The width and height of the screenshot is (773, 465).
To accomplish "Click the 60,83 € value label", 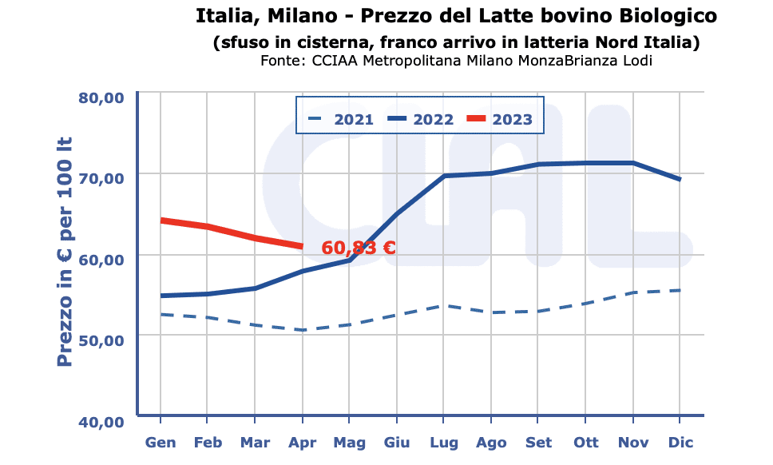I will pyautogui.click(x=359, y=248).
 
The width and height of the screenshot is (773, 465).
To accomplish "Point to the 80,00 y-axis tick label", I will pyautogui.click(x=101, y=97).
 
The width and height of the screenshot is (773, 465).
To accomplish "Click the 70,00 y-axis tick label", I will pyautogui.click(x=101, y=177).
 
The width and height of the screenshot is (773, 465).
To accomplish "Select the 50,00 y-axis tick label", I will pyautogui.click(x=101, y=340).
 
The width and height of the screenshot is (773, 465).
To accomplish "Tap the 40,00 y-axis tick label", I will pyautogui.click(x=101, y=422).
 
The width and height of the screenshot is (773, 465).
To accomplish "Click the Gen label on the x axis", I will pyautogui.click(x=161, y=442).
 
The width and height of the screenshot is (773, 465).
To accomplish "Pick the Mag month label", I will pyautogui.click(x=349, y=442).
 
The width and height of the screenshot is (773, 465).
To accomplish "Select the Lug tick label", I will pyautogui.click(x=443, y=442).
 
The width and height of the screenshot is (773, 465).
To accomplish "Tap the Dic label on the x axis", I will pyautogui.click(x=680, y=442).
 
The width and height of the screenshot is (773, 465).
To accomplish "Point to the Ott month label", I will pyautogui.click(x=585, y=442).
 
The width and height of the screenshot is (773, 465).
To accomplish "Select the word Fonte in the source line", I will pyautogui.click(x=280, y=61).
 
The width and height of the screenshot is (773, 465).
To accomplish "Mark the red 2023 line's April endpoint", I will pyautogui.click(x=302, y=246).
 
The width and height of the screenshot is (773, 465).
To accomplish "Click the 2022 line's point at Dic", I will pyautogui.click(x=680, y=180).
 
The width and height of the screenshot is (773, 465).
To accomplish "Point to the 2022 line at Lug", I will pyautogui.click(x=443, y=176).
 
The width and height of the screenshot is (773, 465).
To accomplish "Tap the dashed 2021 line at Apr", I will pyautogui.click(x=302, y=330).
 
